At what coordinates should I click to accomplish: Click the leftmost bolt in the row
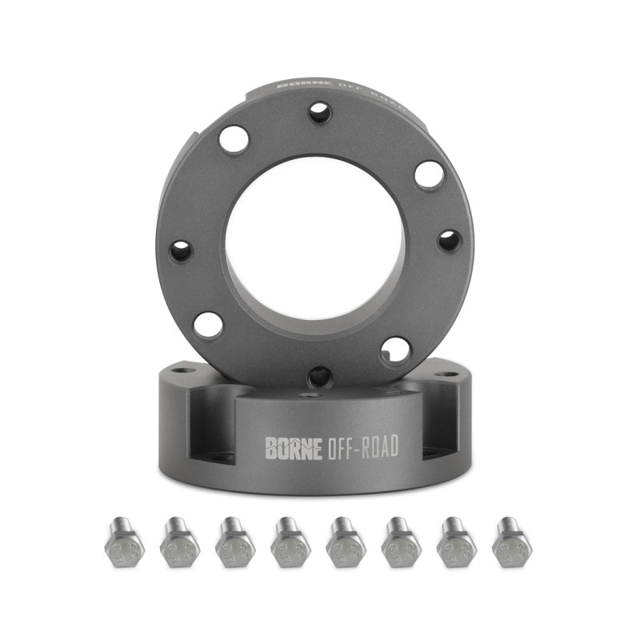coord(124,544)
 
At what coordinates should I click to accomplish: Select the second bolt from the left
coord(179,544)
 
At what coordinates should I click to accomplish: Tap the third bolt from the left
coord(234,544)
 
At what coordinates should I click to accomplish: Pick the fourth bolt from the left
coord(290,544)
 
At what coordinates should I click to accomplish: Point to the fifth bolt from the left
coord(345,544)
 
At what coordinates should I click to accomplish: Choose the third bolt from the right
coord(401,544)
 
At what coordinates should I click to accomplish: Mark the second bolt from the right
coord(456,544)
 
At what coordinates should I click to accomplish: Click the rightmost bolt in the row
coord(511,544)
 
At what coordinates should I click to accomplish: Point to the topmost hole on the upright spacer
coord(320,113)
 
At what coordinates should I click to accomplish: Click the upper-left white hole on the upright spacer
coord(234,140)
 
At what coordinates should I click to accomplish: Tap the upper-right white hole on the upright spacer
coord(430,175)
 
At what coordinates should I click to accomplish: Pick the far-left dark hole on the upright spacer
coord(182,251)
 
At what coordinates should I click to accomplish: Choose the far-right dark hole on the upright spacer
coord(450,240)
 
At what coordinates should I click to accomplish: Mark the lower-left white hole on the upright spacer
coord(209,325)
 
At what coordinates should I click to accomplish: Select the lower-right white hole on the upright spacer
coord(395,350)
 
